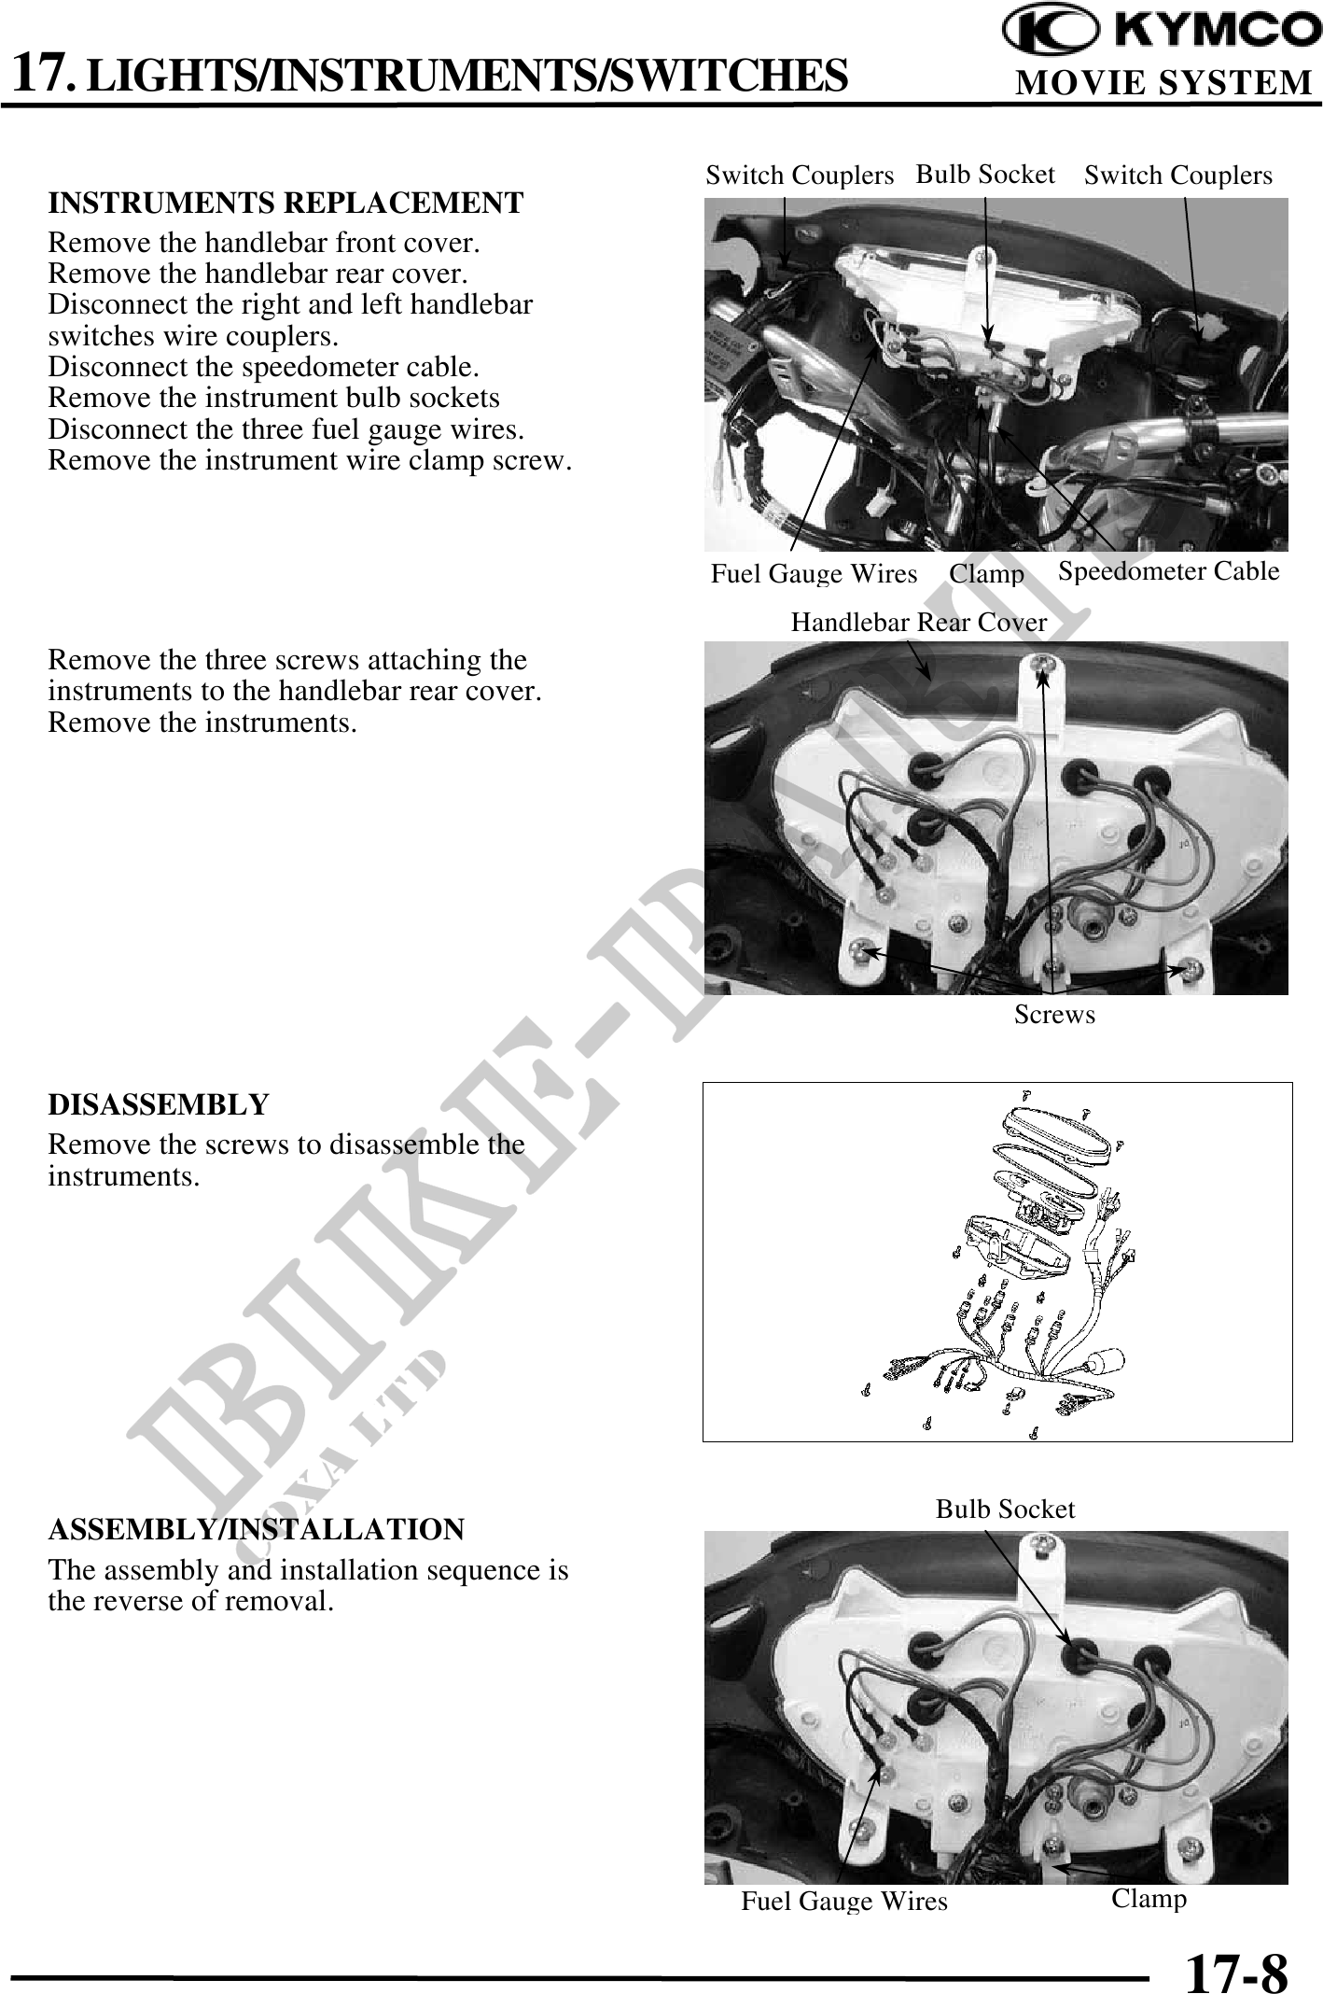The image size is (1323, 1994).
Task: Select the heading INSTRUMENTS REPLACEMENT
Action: pyautogui.click(x=286, y=203)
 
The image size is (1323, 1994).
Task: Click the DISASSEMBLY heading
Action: pyautogui.click(x=159, y=1104)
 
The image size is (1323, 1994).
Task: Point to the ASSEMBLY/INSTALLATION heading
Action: pyautogui.click(x=257, y=1530)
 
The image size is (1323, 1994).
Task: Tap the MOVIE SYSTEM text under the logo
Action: pyautogui.click(x=1163, y=83)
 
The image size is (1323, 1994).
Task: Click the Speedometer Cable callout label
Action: pyautogui.click(x=1169, y=570)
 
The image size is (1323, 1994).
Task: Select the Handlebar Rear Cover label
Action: pyautogui.click(x=919, y=622)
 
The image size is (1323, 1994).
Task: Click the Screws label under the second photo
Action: pyautogui.click(x=1054, y=1015)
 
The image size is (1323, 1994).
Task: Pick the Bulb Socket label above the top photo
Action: pyautogui.click(x=985, y=175)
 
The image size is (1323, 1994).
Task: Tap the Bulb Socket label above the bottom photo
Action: pyautogui.click(x=1006, y=1510)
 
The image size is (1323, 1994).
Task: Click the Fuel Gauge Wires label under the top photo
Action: pyautogui.click(x=815, y=574)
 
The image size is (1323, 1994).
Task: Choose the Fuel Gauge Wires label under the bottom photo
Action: pyautogui.click(x=844, y=1902)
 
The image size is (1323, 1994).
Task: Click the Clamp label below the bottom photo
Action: pyautogui.click(x=1149, y=1899)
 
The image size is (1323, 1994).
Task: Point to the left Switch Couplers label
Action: pyautogui.click(x=800, y=176)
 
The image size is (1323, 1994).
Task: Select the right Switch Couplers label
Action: pyautogui.click(x=1178, y=176)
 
